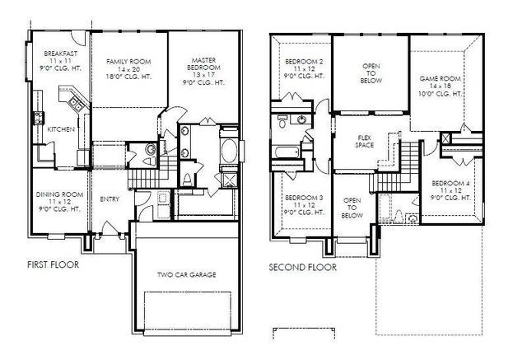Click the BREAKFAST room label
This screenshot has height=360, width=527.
click(x=59, y=54)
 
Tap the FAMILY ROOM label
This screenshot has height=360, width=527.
click(x=129, y=61)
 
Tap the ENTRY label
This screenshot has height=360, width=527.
click(x=109, y=199)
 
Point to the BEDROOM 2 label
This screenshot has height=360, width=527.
click(x=304, y=61)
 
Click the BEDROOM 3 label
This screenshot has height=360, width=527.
click(x=303, y=197)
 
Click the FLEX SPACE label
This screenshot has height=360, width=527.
click(x=366, y=141)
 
